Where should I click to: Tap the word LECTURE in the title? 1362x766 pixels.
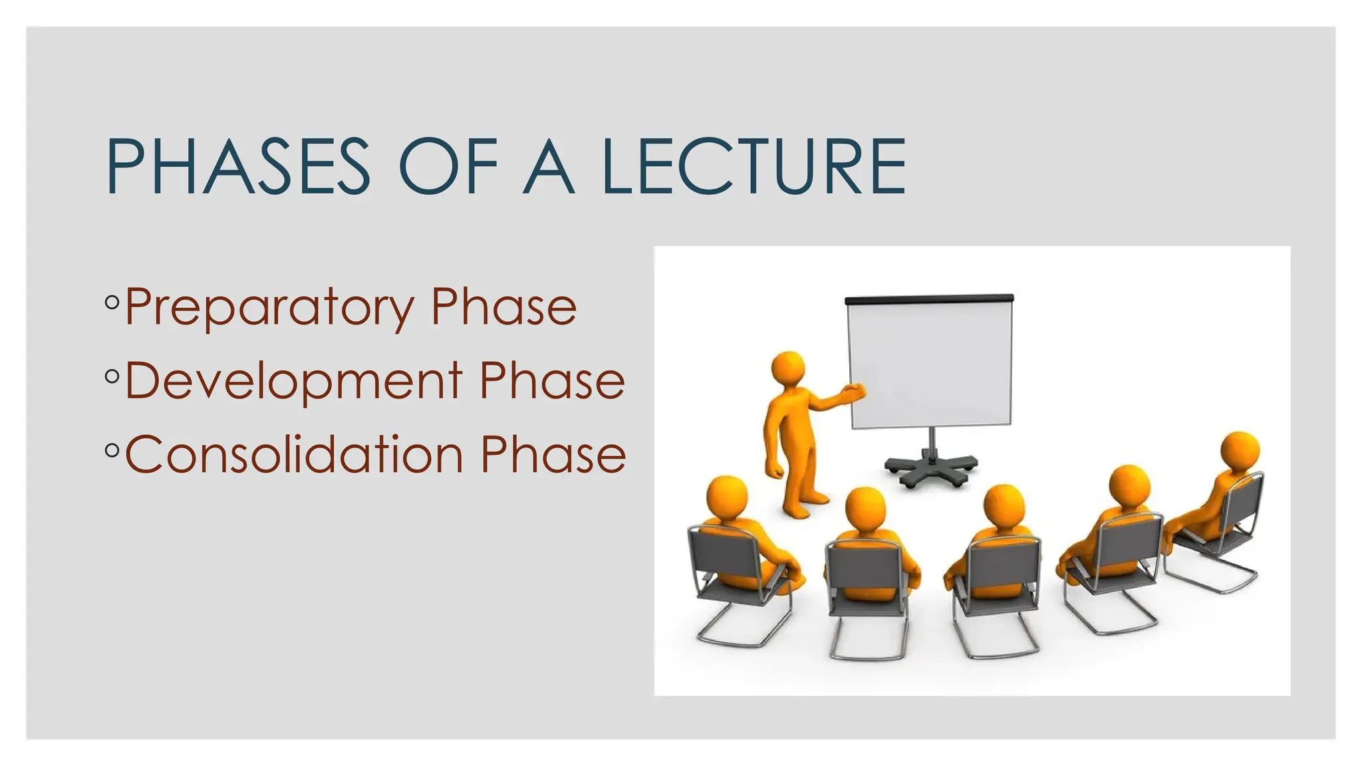pos(753,166)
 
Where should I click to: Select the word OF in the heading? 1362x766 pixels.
pos(448,166)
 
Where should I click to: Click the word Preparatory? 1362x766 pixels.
pos(269,307)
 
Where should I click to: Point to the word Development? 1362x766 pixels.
pos(293,380)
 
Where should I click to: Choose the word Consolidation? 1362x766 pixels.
pos(293,454)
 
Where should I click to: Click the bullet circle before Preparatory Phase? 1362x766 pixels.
pos(112,303)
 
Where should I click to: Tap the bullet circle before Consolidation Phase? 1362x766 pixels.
pos(112,451)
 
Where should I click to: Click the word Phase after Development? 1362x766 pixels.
pos(552,380)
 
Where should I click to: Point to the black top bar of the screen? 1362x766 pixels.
pos(929,299)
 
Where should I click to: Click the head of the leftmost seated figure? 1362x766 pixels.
pos(726,495)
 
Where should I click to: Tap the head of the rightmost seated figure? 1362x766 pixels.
pos(1241,451)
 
